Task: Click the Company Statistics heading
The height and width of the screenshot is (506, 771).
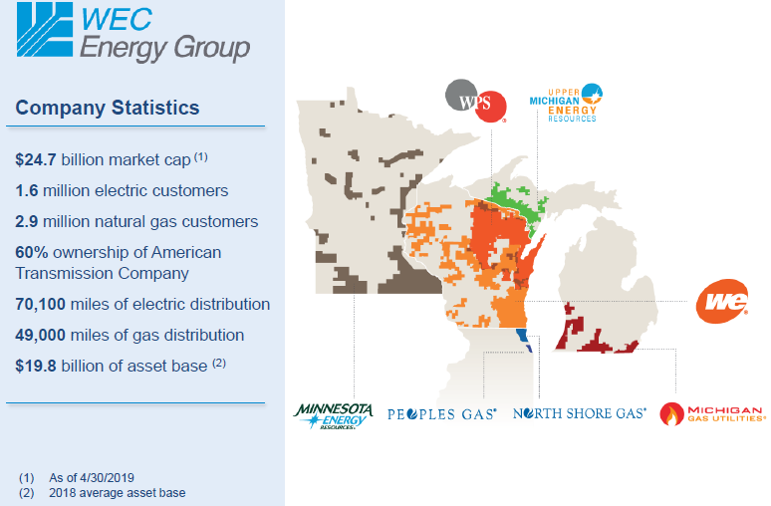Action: point(108,108)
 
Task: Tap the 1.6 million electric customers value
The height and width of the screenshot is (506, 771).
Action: point(28,190)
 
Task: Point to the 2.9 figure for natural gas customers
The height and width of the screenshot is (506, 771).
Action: point(28,221)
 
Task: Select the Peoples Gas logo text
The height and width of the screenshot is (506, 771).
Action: point(441,413)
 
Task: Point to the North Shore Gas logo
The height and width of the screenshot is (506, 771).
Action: point(579,413)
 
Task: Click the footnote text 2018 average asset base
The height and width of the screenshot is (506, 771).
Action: point(117,492)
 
